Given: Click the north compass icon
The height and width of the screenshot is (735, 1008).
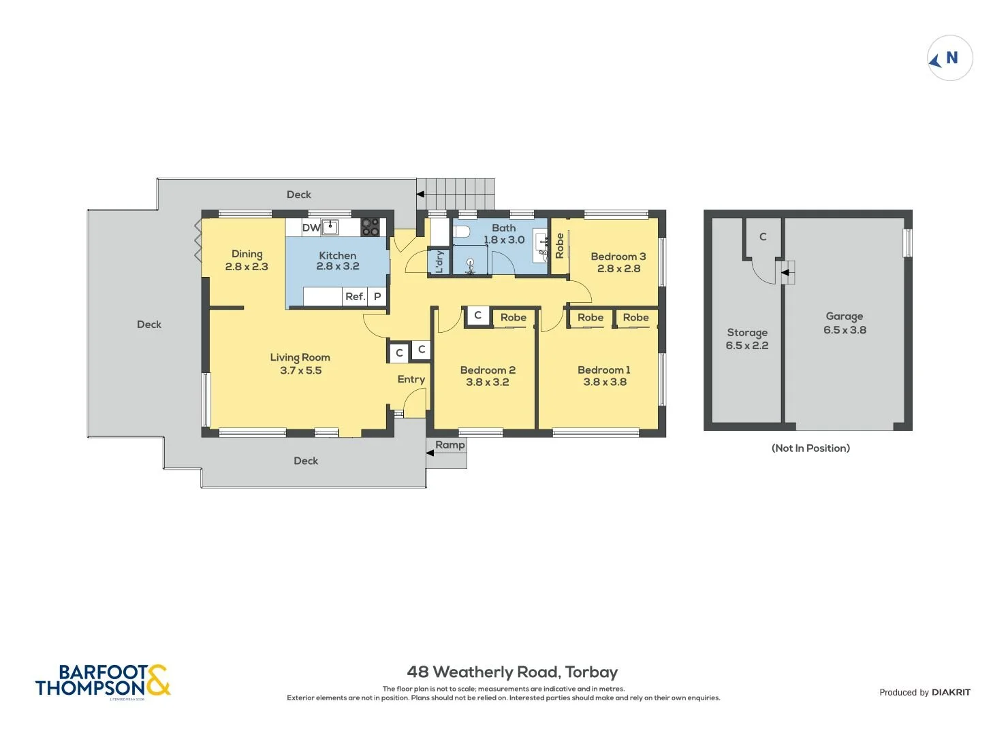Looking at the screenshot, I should [949, 59].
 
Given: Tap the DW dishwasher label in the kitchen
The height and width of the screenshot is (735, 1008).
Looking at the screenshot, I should [311, 228].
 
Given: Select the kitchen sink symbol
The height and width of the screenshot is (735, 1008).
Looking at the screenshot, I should [330, 227].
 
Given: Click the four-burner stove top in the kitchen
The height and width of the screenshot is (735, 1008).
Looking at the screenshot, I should [370, 227].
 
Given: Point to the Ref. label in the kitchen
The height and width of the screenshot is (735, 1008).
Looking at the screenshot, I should [355, 297].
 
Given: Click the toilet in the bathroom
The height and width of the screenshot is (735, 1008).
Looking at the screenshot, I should [461, 231].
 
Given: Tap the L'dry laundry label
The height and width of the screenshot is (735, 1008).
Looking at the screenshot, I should [439, 261].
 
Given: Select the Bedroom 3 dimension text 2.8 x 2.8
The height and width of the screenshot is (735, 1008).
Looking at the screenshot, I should [618, 269].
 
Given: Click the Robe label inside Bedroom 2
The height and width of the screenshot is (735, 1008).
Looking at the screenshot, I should [513, 318].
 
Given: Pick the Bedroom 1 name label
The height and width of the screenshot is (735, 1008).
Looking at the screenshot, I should [603, 370].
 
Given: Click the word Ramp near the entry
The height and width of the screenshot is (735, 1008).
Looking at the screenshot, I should [450, 445].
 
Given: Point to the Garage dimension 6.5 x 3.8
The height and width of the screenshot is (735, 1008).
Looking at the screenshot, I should [845, 330].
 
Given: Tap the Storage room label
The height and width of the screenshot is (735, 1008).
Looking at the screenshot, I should [746, 333].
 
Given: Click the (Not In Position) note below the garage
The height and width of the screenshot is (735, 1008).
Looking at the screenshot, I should [810, 448].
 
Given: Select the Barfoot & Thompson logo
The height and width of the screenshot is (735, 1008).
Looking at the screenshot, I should [102, 681].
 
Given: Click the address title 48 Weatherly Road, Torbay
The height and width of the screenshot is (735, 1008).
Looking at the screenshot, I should [512, 672].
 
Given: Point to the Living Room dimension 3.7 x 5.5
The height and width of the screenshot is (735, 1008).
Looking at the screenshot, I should [300, 371].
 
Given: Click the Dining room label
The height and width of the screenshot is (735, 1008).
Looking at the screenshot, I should [247, 254].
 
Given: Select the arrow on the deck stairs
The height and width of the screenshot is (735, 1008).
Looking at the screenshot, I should [421, 195].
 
